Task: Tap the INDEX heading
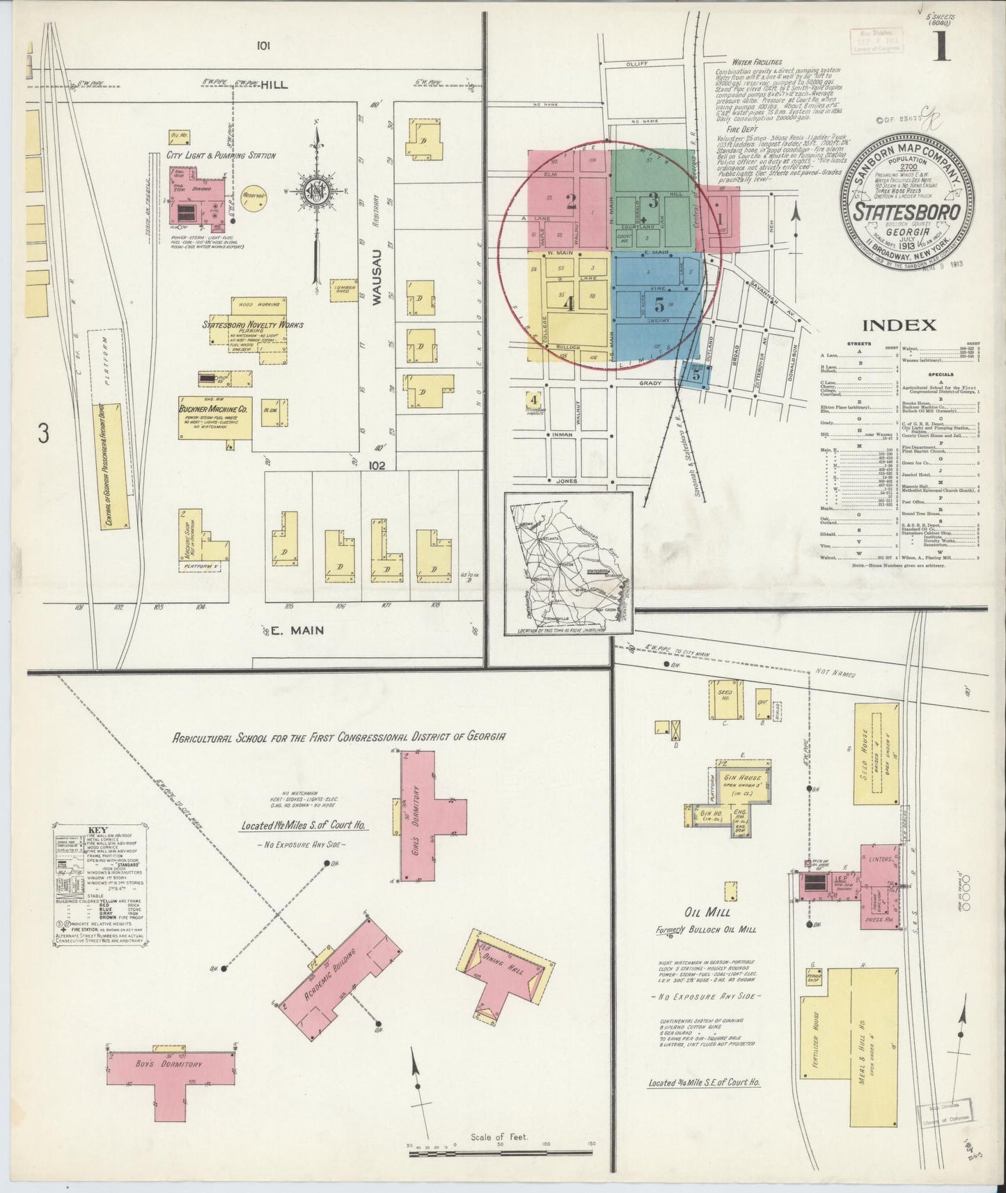[899, 325]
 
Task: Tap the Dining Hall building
[501, 978]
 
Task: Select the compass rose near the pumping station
[316, 188]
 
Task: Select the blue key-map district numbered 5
[658, 303]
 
